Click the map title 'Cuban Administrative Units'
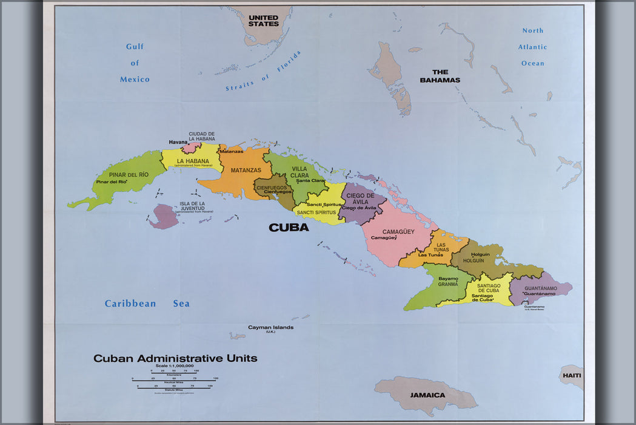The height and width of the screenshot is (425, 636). click(x=175, y=358)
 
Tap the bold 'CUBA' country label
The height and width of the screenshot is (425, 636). click(x=289, y=228)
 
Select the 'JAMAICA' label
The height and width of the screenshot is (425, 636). click(x=427, y=395)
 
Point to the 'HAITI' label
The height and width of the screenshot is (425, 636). click(x=571, y=375)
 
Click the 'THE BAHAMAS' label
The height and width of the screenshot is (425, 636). click(x=441, y=76)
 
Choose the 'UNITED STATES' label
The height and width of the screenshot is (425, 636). click(x=264, y=21)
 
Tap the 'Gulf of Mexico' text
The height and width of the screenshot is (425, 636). click(x=135, y=63)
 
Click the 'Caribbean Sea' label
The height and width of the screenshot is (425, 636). click(x=147, y=304)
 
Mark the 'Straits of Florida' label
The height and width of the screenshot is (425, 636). click(x=264, y=72)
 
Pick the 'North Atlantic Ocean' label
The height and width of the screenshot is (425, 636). click(x=534, y=47)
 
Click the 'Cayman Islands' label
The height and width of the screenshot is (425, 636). click(x=270, y=328)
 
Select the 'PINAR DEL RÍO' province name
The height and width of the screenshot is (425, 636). click(x=129, y=174)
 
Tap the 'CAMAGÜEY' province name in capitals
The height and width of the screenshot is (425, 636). click(x=398, y=231)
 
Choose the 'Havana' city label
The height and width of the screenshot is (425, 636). click(x=178, y=142)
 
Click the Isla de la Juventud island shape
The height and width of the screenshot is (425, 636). click(x=163, y=216)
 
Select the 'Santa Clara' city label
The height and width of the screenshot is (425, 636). click(x=310, y=180)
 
